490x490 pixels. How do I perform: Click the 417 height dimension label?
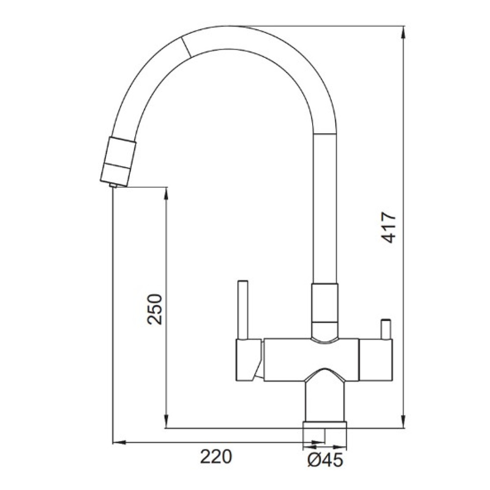point(389,227)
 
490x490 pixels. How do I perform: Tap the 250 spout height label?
point(155,309)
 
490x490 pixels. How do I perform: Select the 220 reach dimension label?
point(216,457)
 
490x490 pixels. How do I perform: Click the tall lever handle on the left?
point(243,310)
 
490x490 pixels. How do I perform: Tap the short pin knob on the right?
point(385,329)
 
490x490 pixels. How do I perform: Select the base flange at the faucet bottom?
point(325,425)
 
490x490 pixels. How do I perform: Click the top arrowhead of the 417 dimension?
point(403,31)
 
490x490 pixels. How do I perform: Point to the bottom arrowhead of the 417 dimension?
point(403,422)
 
